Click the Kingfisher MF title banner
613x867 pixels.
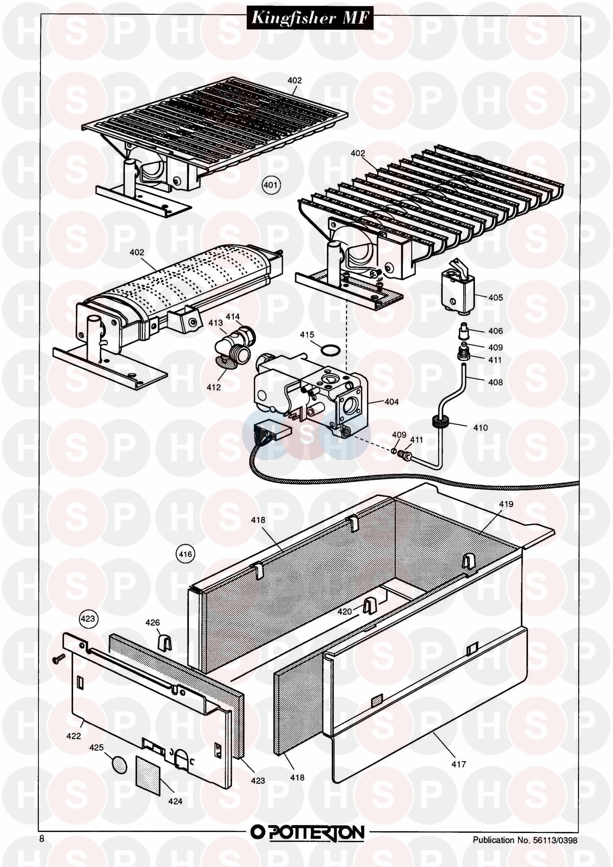[310, 18]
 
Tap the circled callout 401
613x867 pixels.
[270, 185]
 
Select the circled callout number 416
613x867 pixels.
[185, 554]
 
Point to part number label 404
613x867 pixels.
[391, 402]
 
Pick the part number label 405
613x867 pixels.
[495, 297]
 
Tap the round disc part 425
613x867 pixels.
[119, 764]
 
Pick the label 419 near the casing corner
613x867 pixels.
[506, 504]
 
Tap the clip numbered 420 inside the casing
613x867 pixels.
[369, 605]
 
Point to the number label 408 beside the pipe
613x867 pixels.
[495, 382]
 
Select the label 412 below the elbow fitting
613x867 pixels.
[213, 387]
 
